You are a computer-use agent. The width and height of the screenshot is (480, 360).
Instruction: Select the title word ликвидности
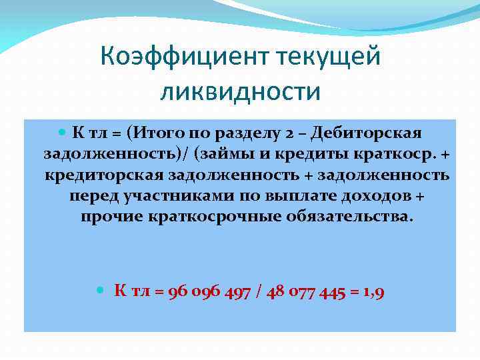[240, 91]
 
